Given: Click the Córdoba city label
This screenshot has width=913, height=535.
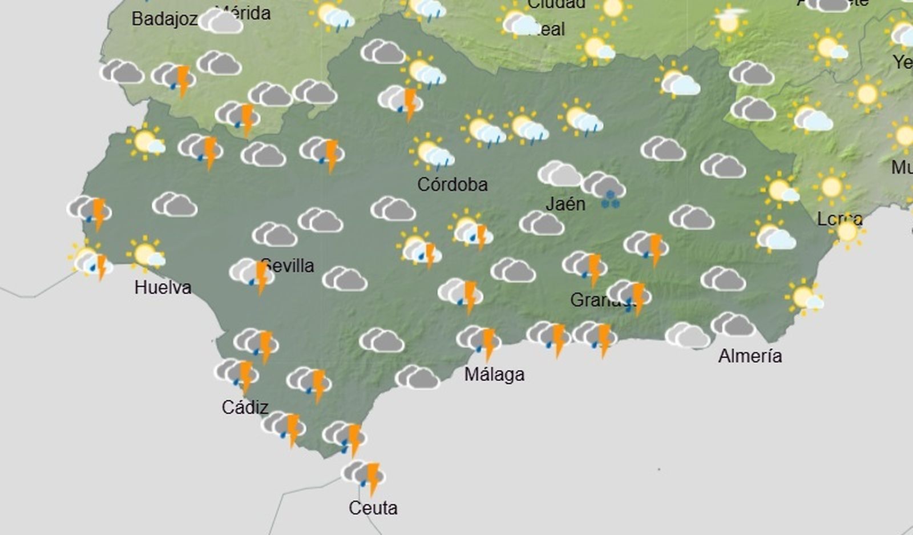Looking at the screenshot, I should [x=452, y=184].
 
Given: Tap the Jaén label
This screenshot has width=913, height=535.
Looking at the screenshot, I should [x=565, y=204].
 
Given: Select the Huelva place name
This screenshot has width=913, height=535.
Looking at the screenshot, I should [x=163, y=287].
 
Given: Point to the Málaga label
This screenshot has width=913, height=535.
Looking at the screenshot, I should [x=494, y=375].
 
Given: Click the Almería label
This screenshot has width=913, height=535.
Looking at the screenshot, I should [x=750, y=356].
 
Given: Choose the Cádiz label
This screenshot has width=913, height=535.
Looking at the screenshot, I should [x=245, y=407].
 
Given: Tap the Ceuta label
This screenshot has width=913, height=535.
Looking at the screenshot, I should [x=373, y=508].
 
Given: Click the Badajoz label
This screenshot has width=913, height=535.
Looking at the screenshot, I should [x=164, y=19].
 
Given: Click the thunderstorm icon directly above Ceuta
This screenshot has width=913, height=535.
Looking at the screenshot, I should [x=363, y=476].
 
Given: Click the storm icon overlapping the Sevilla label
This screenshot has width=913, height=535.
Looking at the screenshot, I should [x=253, y=274].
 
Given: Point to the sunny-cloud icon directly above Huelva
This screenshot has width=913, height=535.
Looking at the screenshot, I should [x=146, y=254].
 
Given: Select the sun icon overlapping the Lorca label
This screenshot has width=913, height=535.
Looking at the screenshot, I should [x=848, y=232].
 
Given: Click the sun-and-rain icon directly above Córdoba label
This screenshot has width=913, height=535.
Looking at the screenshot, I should [x=432, y=152].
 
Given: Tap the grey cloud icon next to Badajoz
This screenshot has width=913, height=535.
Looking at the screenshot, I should [x=221, y=22].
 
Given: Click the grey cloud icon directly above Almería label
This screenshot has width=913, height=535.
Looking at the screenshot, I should [x=733, y=325].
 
